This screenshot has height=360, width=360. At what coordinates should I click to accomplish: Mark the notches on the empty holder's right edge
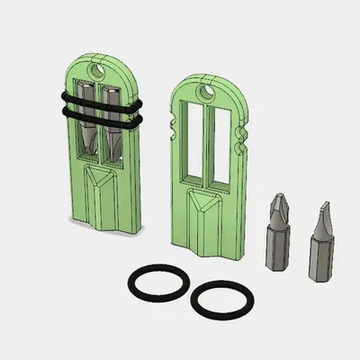(239, 140)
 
